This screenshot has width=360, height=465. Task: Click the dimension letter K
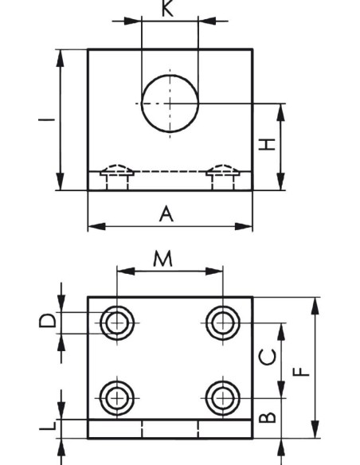(168, 8)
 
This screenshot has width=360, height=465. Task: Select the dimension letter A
(166, 214)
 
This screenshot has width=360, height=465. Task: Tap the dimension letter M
(162, 258)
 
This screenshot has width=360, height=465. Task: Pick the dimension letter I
(46, 119)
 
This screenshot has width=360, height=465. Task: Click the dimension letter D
(47, 320)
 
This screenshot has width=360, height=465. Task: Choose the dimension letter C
(268, 357)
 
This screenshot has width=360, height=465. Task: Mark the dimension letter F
(301, 372)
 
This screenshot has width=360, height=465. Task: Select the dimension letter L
(48, 425)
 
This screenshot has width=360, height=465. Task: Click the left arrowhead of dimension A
(96, 227)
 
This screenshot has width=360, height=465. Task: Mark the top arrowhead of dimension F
(316, 306)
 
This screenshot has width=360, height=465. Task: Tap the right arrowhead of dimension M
(213, 271)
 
